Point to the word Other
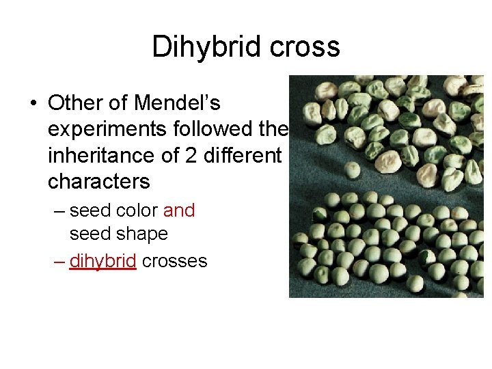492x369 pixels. (77, 103)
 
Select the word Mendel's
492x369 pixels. (178, 103)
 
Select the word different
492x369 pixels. (240, 155)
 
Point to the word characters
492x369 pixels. (99, 181)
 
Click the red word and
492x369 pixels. (179, 210)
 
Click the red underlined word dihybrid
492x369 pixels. (102, 261)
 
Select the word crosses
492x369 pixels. (174, 261)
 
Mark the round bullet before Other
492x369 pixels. (33, 104)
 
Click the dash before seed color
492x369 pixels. (59, 211)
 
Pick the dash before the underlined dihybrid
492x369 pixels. (59, 261)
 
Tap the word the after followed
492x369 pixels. (275, 129)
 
